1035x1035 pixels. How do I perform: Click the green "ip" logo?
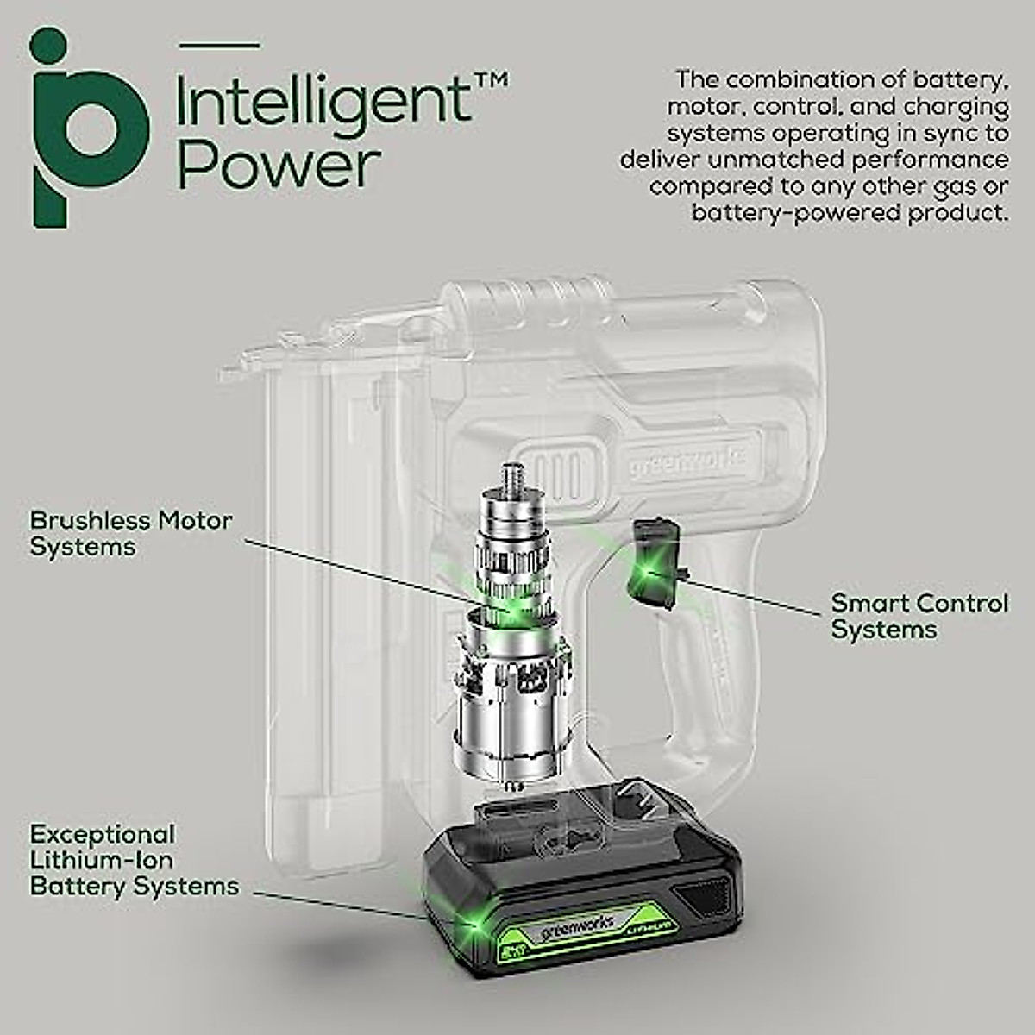click(x=86, y=129)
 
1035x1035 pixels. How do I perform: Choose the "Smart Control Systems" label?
click(x=919, y=616)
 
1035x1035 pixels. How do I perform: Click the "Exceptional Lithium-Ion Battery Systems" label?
click(x=134, y=860)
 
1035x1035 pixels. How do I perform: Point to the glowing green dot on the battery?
click(x=471, y=926)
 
